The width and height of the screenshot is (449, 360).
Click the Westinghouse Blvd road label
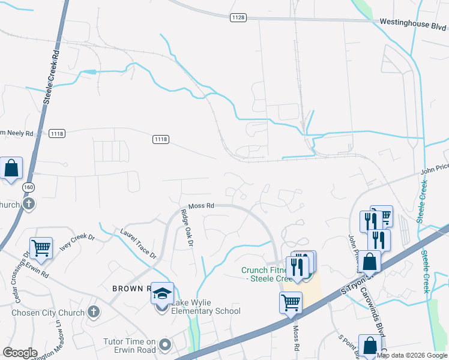tap(413, 25)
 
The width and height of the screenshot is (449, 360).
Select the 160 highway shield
tap(28, 188)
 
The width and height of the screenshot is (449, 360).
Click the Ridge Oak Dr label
tap(188, 229)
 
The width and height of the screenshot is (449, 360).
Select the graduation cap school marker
tap(162, 293)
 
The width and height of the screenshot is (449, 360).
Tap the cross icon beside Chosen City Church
tap(93, 312)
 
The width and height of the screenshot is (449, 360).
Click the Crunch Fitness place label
tap(262, 274)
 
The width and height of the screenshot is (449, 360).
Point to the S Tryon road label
tap(352, 283)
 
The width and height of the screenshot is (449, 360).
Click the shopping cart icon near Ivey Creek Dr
tap(41, 247)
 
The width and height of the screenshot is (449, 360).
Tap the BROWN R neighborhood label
tap(130, 288)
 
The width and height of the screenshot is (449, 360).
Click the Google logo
tap(20, 353)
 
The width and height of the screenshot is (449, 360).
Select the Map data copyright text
tap(412, 355)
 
